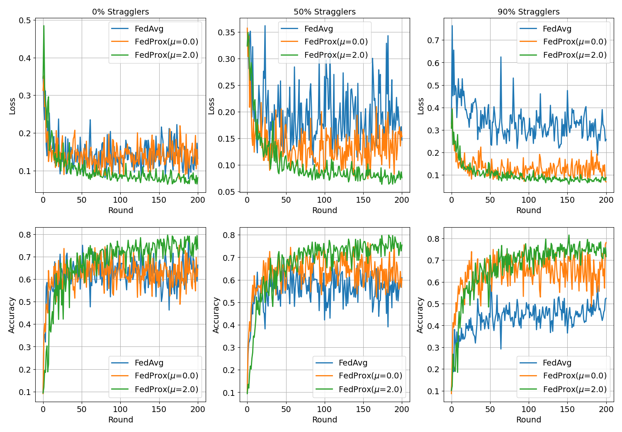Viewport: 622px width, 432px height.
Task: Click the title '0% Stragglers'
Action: tap(120, 12)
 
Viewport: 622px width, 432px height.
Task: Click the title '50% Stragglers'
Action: tap(325, 12)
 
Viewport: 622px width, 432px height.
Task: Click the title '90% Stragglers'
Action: tap(529, 12)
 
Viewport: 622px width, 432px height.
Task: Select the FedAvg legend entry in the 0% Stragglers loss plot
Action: tap(149, 29)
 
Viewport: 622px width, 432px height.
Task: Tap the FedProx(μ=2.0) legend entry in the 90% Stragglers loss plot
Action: tap(575, 55)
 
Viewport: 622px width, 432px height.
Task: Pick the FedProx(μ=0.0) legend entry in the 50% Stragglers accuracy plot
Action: tap(370, 376)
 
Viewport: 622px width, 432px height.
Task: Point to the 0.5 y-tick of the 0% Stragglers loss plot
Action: tap(25, 20)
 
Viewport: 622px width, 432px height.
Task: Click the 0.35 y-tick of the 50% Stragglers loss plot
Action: tap(226, 32)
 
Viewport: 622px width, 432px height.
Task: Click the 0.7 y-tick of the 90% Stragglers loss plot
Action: tap(433, 40)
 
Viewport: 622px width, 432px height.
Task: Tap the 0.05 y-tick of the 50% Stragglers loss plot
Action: tap(226, 192)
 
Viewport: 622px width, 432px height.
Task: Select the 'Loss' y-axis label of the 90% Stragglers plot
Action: tap(420, 106)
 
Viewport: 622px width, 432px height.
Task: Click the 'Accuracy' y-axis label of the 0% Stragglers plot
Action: tap(12, 315)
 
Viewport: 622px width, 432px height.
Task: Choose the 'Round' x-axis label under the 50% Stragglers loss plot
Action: tap(325, 210)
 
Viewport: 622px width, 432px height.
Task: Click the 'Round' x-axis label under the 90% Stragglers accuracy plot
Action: tap(529, 420)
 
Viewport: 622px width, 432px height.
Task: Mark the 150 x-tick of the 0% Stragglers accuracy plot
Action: tap(159, 409)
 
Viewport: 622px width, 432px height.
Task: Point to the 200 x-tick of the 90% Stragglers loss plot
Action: tap(606, 200)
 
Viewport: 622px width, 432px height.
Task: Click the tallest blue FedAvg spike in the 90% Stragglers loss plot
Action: tap(452, 26)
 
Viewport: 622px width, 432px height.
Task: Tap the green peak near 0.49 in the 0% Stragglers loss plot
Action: tap(44, 26)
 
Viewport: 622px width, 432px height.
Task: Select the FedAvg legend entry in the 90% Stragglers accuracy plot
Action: tap(557, 363)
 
